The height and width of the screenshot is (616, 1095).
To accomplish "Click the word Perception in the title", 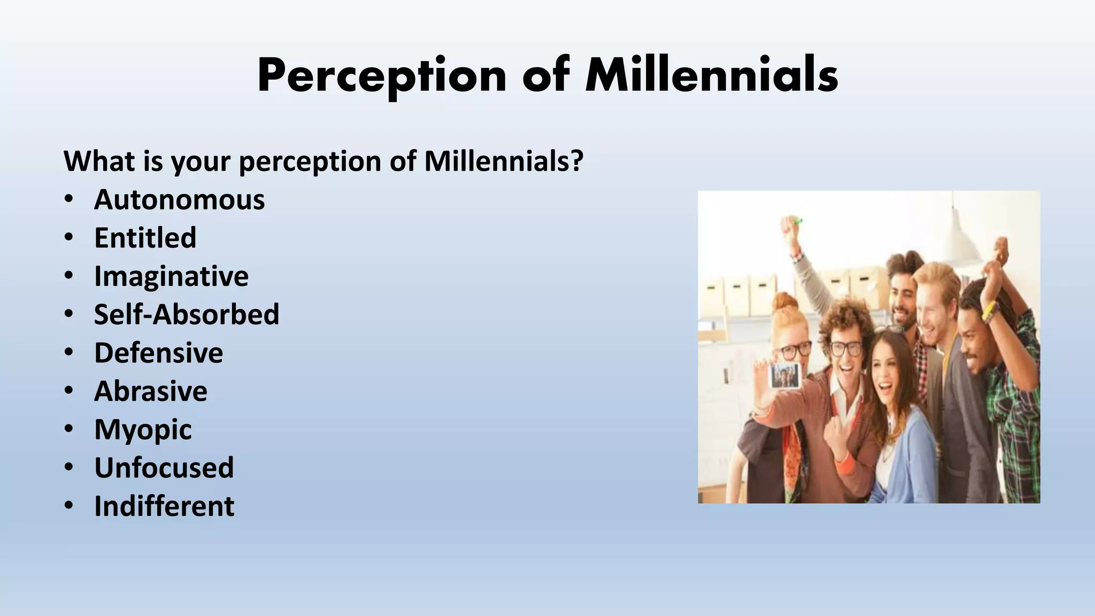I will [381, 76].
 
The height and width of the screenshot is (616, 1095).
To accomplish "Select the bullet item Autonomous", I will [179, 199].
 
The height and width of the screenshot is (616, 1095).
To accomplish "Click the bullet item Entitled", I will [145, 238].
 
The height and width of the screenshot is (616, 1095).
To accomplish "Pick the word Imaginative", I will [171, 276].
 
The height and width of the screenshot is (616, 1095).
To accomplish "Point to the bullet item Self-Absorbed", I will [187, 314].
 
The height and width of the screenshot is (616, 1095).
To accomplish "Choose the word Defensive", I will [158, 353].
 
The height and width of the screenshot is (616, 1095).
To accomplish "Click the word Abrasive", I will [151, 391].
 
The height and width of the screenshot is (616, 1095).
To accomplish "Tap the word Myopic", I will [143, 430].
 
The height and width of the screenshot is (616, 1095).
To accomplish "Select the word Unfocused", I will [164, 468].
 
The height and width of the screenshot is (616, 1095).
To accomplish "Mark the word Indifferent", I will [164, 506].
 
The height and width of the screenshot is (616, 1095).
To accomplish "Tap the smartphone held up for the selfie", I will [785, 375].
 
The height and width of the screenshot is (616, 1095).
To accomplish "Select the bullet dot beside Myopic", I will [68, 429].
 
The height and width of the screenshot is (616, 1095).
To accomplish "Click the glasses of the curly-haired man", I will [846, 348].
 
